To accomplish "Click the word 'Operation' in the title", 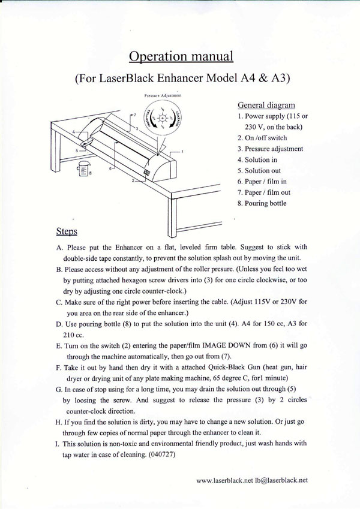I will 158,57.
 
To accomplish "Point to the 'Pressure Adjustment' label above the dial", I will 163,95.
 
